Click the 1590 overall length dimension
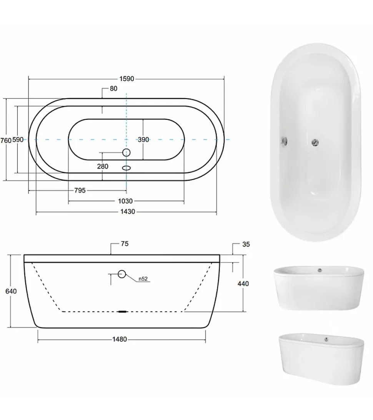(127, 79)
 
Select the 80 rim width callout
(113, 89)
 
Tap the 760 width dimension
(6, 141)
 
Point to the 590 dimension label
(18, 140)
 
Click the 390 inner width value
(143, 140)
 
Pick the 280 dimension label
(103, 166)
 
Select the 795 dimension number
(80, 191)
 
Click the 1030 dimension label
(125, 201)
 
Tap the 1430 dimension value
(128, 212)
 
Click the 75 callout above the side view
(125, 244)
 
